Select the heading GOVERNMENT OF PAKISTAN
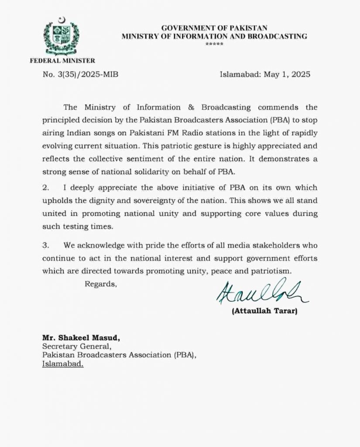click(x=214, y=28)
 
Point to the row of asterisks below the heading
click(x=214, y=45)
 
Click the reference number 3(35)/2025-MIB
click(x=80, y=74)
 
